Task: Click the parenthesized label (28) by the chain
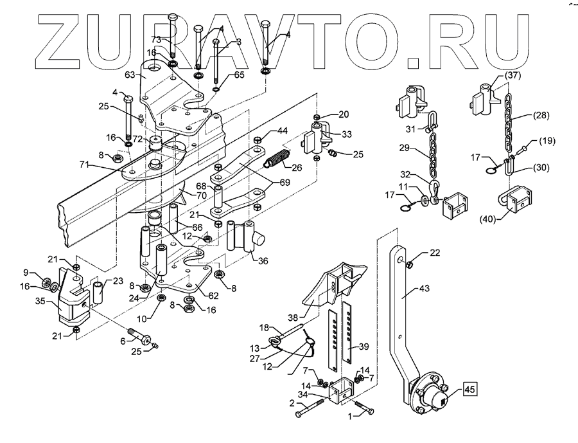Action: click(540, 116)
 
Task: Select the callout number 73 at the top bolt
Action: click(156, 40)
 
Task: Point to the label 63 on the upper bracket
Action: click(130, 76)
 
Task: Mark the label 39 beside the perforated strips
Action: click(364, 346)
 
